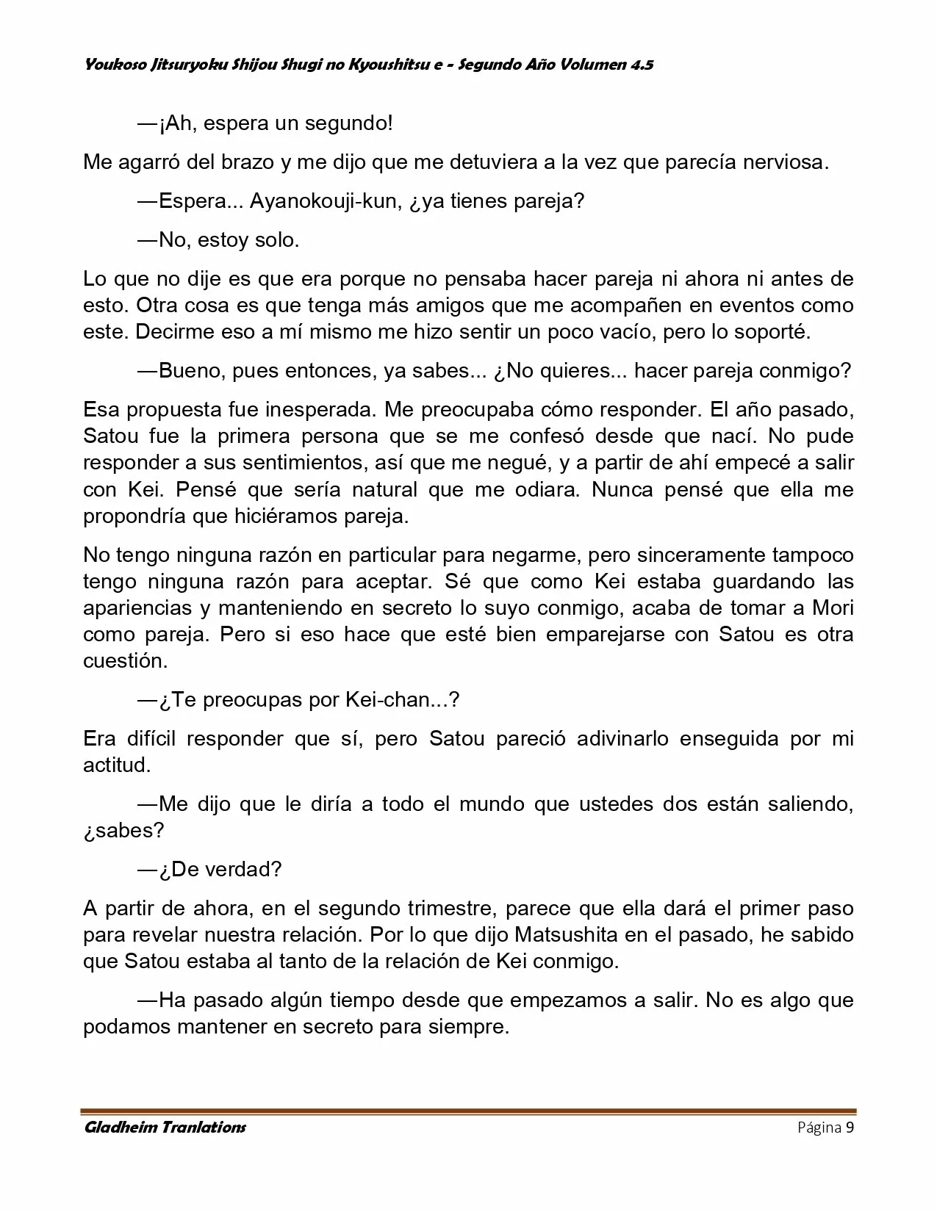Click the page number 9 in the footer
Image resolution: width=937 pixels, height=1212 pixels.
[x=850, y=1128]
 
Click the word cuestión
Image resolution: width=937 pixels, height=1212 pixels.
[x=124, y=660]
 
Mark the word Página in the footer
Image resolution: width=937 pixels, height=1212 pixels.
[x=819, y=1128]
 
